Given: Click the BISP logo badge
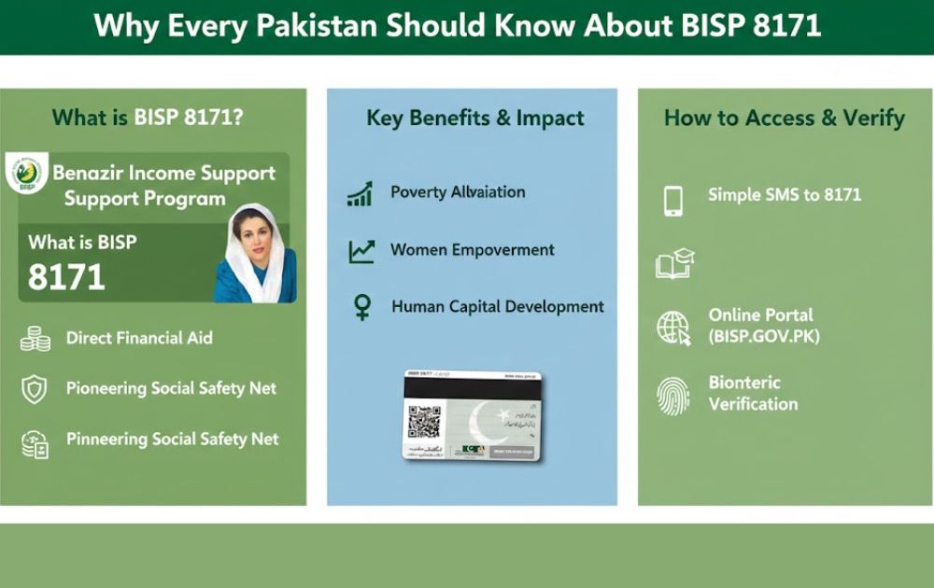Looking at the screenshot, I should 26,174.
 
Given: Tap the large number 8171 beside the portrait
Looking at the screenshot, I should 66,277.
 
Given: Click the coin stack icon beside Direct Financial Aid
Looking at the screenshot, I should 35,339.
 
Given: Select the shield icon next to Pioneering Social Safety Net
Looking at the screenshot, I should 35,389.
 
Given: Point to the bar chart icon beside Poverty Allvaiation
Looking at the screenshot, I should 360,193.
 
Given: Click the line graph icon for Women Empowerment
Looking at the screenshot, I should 361,250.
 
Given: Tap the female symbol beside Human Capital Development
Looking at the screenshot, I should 361,307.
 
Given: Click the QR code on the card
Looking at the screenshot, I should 423,422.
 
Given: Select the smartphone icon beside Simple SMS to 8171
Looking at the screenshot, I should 672,200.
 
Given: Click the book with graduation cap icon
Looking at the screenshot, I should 675,263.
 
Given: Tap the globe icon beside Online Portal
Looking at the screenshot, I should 673,328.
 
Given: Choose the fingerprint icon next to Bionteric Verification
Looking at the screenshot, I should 672,394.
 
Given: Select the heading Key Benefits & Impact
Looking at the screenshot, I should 474,119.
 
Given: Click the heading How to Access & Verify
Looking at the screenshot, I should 784,119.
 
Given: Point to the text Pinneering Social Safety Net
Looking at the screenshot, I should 172,439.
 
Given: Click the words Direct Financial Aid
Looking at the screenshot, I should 139,338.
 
